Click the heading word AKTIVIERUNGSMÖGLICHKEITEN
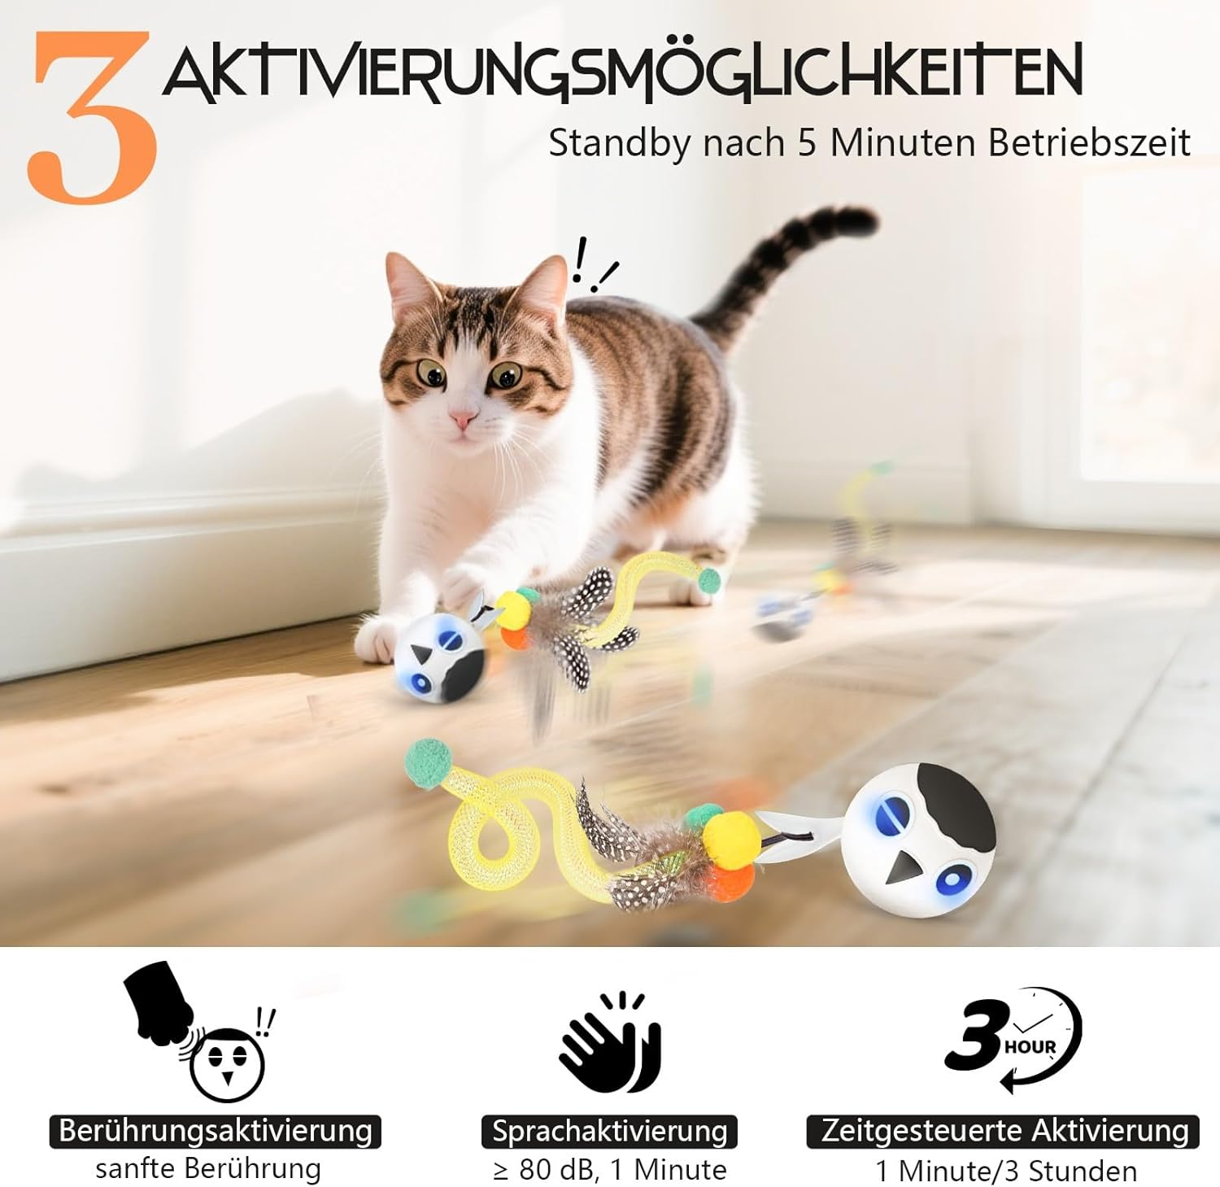622,73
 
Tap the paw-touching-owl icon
203,1033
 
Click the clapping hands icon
610,1043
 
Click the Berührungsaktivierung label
216,1131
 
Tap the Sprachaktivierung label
609,1131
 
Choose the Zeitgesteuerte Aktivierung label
1004,1131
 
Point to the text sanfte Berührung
208,1169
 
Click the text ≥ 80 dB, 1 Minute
609,1170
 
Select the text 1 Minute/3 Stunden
1005,1172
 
